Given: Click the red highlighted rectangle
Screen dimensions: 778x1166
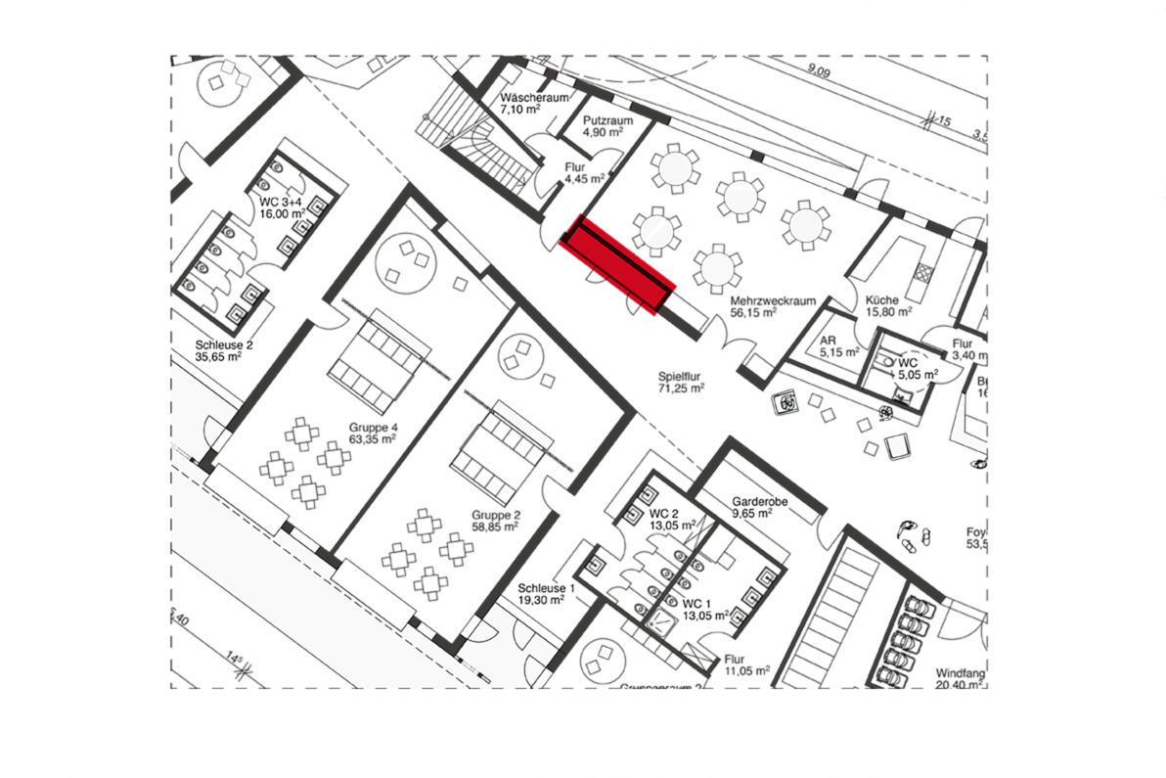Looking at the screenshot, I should (x=619, y=265).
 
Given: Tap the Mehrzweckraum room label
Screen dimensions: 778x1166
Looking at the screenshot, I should (x=765, y=300).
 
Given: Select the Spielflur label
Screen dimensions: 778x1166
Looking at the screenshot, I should (x=680, y=375).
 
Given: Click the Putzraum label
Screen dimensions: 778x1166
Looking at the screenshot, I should (x=607, y=120).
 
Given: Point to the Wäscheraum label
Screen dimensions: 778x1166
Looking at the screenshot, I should (x=535, y=99).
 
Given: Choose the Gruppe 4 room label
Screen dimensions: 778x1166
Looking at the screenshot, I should (x=373, y=428).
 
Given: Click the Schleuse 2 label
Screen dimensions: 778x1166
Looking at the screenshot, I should (x=224, y=345).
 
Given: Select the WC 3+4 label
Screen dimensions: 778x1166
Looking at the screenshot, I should (x=282, y=201).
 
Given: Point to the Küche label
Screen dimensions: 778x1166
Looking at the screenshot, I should (x=880, y=300).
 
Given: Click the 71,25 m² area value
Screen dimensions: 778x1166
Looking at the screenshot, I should (x=681, y=388).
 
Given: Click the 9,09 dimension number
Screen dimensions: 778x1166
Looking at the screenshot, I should (x=819, y=72).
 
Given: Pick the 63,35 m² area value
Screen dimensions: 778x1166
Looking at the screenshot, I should (x=373, y=440).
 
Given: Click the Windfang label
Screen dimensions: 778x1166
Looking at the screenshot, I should (x=960, y=673).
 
